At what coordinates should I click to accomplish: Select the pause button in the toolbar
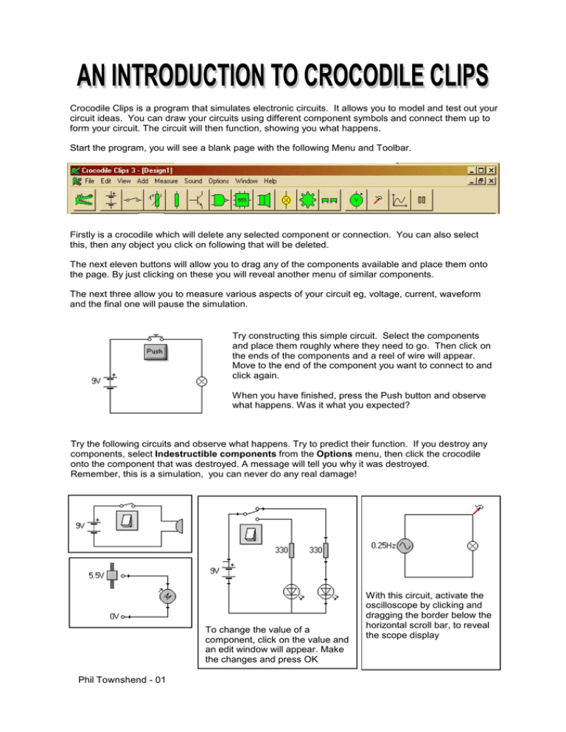(423, 200)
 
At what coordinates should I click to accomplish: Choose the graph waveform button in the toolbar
(399, 200)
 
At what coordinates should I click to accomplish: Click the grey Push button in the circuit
(155, 351)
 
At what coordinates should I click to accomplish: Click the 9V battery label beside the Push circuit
(97, 381)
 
